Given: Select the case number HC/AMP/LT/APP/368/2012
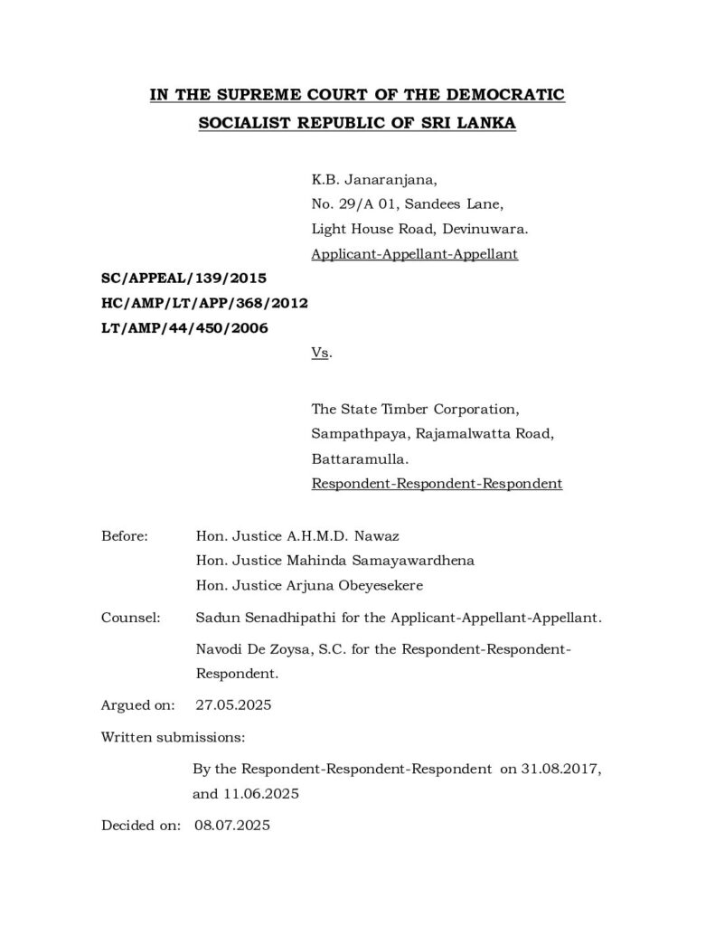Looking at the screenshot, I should [205, 304].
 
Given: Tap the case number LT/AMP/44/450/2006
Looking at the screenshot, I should [184, 329].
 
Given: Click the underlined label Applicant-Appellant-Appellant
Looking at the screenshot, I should [414, 254].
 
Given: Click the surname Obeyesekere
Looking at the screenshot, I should [379, 585].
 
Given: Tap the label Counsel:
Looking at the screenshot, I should [131, 619].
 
